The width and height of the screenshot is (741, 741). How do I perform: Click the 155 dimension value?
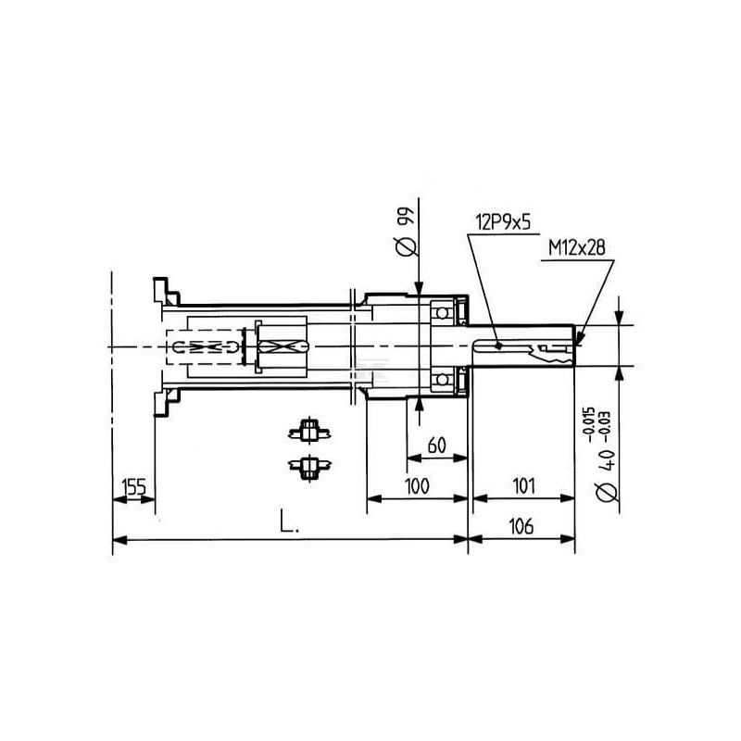tap(133, 486)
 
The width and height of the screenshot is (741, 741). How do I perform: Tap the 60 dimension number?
tap(436, 446)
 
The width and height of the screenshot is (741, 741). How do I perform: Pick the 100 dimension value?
tap(418, 485)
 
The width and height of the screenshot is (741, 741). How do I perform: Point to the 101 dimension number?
tap(523, 485)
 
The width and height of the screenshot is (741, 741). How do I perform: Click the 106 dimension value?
tap(521, 526)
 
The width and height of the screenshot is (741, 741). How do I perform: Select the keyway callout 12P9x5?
tap(503, 221)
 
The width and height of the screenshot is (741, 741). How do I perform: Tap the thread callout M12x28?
tap(576, 247)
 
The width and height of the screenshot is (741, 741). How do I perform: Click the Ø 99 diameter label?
tap(406, 232)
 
